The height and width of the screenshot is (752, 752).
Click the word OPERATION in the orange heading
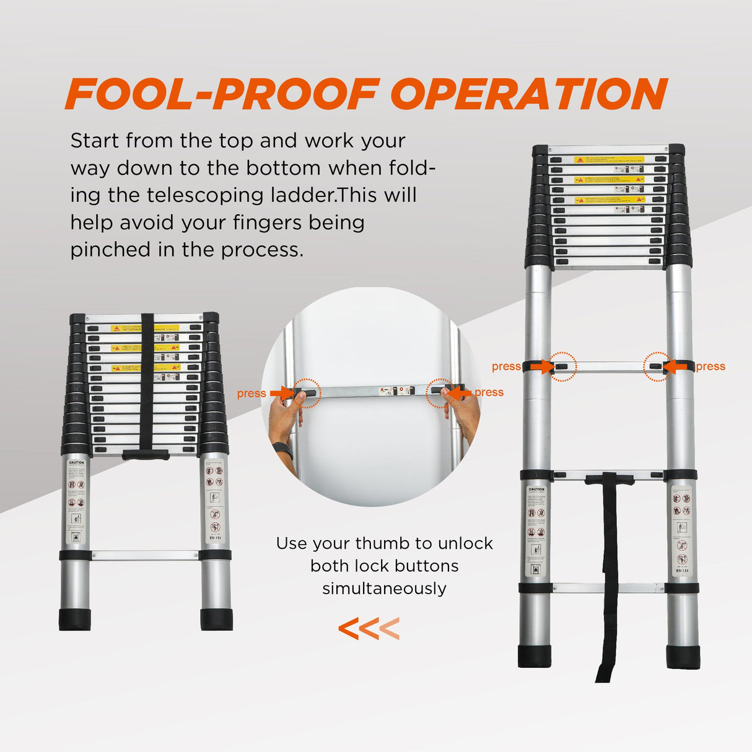click(x=528, y=94)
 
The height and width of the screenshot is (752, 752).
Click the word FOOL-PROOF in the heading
click(x=222, y=94)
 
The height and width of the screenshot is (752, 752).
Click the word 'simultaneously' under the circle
click(x=384, y=588)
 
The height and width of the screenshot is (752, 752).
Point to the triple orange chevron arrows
click(x=369, y=629)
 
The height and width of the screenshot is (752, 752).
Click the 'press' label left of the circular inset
click(x=251, y=393)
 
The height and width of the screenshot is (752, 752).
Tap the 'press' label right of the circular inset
click(x=489, y=392)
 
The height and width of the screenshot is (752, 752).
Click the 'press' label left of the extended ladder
click(x=506, y=367)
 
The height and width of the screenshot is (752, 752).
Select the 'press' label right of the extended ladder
click(x=710, y=367)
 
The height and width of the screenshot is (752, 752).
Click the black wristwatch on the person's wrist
click(x=283, y=450)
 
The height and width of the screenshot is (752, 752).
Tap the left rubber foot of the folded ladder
click(x=75, y=619)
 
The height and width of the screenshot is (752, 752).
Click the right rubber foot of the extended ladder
click(x=683, y=657)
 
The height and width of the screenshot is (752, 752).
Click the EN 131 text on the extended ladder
click(x=682, y=570)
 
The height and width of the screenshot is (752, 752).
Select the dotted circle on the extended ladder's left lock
click(x=562, y=367)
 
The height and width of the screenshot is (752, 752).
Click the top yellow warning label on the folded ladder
click(x=144, y=328)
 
